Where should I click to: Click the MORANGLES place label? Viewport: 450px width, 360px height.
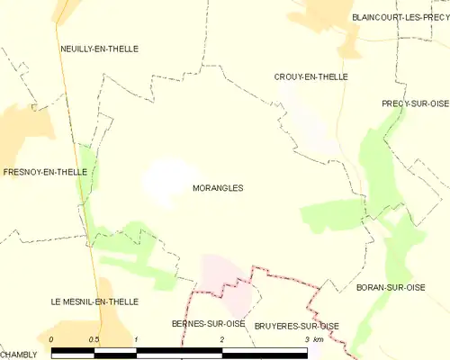point(218,188)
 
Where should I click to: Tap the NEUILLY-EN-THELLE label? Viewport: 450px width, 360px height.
point(99,49)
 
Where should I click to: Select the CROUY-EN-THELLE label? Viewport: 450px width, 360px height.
point(310,77)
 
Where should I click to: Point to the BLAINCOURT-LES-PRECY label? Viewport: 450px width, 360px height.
point(399,17)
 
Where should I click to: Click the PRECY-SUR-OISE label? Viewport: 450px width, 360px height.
point(415,103)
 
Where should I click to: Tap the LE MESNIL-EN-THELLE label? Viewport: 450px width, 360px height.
point(94,301)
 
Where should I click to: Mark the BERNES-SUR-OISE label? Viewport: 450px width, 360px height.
point(208,323)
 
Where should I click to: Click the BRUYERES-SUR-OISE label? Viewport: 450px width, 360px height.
point(296,325)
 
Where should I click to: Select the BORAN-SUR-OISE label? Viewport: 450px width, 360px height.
point(415,287)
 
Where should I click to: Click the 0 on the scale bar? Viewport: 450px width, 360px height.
point(52,339)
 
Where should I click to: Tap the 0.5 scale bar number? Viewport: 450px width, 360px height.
point(94,339)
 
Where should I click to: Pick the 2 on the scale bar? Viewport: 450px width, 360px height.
point(221,339)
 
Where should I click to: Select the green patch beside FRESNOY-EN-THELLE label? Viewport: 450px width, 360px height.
point(86,171)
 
